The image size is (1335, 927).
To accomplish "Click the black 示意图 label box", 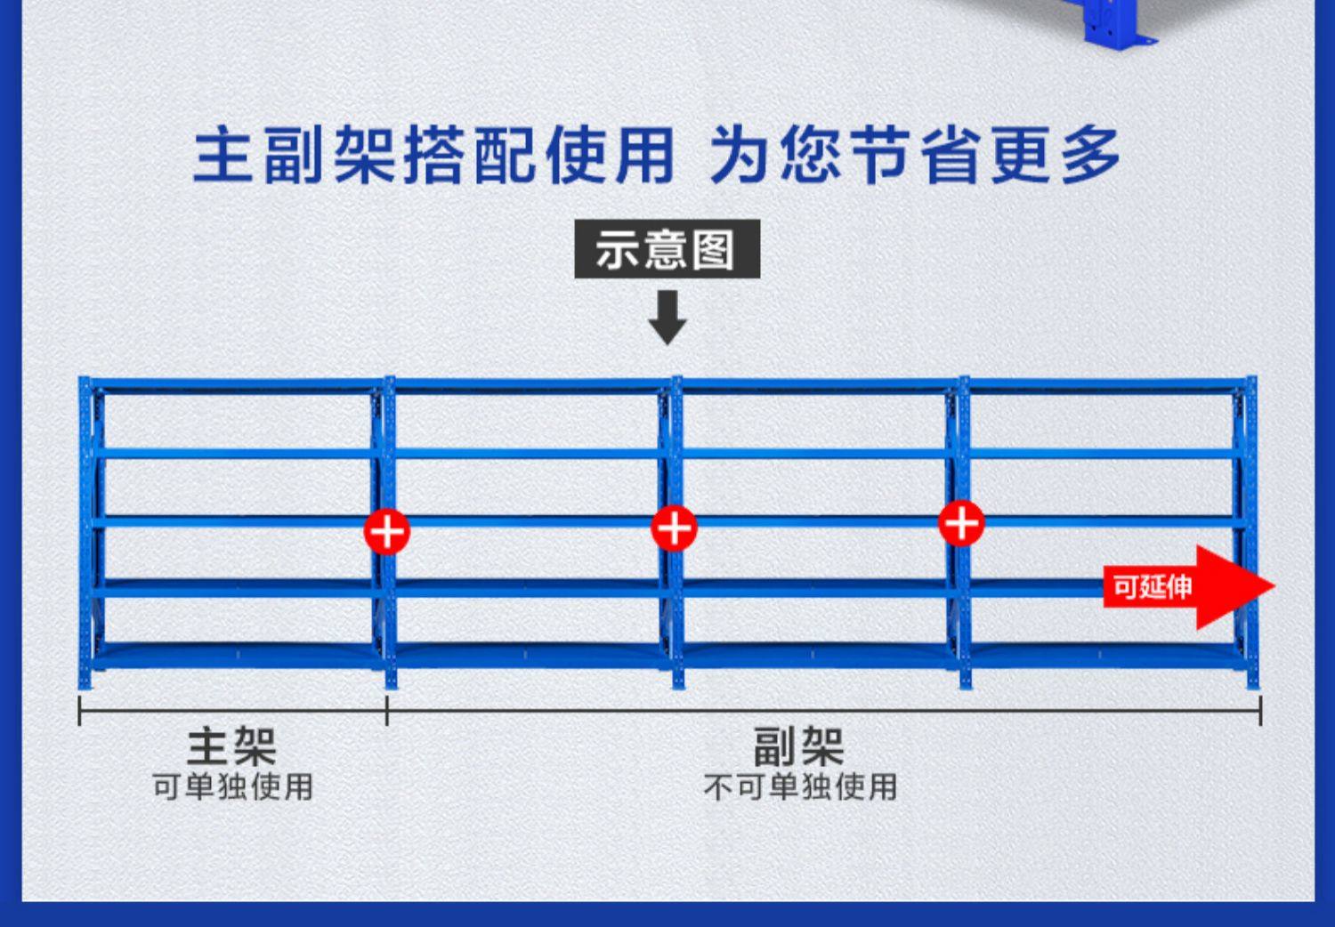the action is click(x=667, y=248).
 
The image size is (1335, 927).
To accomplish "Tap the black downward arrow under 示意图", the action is click(x=667, y=318).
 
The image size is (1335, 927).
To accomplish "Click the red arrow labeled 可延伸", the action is click(x=1187, y=587).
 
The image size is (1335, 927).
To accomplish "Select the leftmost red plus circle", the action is click(x=386, y=532).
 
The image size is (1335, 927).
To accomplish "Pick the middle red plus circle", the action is click(x=674, y=528).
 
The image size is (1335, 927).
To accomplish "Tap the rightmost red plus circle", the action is click(x=961, y=523).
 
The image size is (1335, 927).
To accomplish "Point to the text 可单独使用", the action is click(x=232, y=786).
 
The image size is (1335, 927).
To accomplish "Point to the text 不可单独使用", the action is click(x=799, y=786).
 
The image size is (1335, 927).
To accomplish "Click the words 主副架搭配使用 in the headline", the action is click(x=433, y=156).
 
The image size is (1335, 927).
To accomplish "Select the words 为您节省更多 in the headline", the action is click(x=914, y=156).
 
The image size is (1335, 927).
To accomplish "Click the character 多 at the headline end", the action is click(x=1089, y=156).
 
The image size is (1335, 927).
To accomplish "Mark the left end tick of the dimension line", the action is click(x=79, y=711).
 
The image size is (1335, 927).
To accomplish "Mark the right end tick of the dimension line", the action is click(x=1260, y=711).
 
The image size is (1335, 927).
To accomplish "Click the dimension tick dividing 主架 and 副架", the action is click(x=387, y=711).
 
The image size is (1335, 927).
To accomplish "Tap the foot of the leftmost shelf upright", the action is click(x=85, y=681).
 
